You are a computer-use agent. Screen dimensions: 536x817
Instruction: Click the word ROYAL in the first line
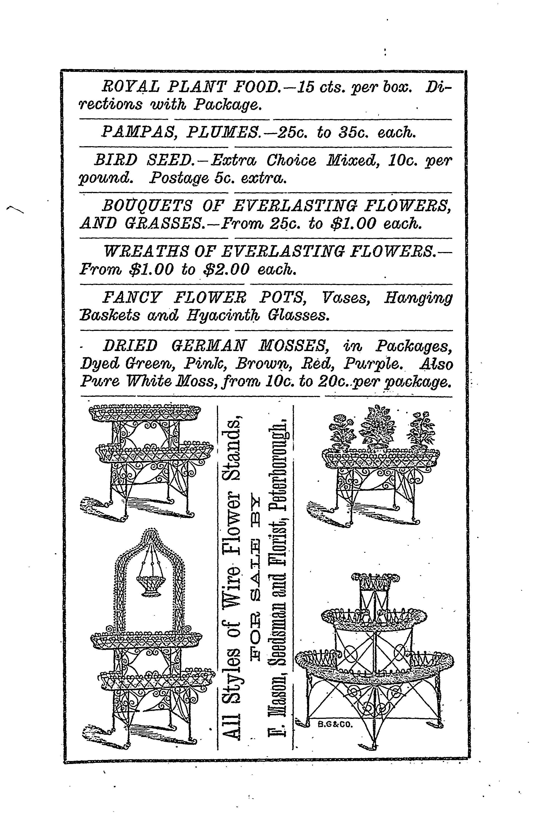click(x=131, y=87)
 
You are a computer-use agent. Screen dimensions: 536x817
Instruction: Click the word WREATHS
click(x=146, y=252)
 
